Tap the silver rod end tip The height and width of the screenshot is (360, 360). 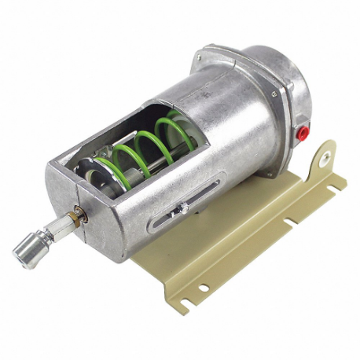(23, 253)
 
